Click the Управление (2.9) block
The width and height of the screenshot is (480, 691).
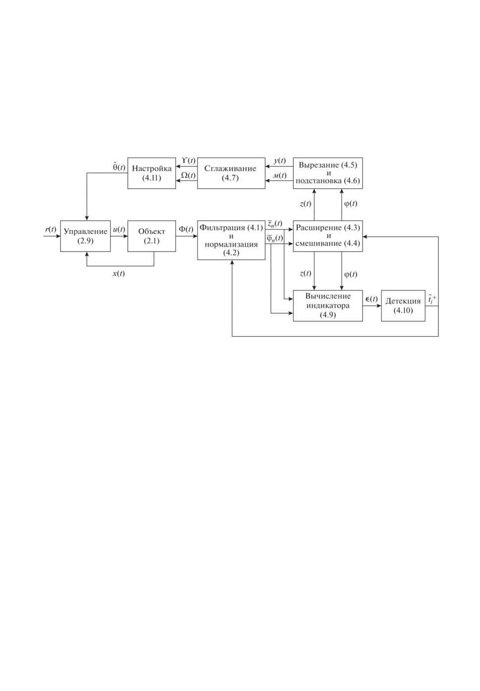[85, 236]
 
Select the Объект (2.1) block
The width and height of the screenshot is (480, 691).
[152, 236]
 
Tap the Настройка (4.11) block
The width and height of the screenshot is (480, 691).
[152, 173]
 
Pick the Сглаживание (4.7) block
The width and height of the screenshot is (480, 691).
[231, 173]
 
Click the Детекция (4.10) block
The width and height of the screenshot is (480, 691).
[403, 306]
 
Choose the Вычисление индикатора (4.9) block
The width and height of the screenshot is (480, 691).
[328, 306]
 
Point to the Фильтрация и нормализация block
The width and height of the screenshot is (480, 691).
[231, 240]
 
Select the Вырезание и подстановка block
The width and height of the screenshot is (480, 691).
[328, 173]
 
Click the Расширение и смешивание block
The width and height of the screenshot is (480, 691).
[328, 236]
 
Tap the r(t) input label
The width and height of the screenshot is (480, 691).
[51, 230]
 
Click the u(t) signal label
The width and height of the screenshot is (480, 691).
[119, 230]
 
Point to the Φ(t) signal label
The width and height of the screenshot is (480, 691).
[186, 230]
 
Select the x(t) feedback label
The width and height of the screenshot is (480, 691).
[118, 273]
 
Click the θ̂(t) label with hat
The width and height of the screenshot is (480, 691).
[119, 167]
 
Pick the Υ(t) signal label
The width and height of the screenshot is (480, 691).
[188, 161]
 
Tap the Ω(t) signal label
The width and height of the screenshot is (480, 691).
[188, 175]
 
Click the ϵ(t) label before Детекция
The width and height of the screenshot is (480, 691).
[372, 299]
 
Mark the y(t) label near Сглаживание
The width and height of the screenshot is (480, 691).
[279, 161]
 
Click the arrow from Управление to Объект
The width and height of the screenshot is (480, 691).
[119, 236]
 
